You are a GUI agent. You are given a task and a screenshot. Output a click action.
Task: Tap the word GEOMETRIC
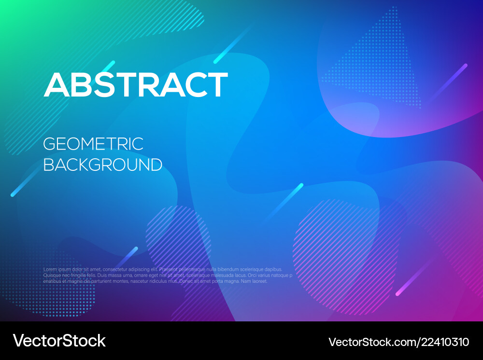pos(93,144)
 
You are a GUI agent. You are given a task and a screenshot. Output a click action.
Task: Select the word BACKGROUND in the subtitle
pos(103,165)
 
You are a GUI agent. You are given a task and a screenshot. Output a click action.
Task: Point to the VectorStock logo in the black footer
pos(59,341)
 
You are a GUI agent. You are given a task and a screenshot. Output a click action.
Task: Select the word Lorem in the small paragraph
pos(50,269)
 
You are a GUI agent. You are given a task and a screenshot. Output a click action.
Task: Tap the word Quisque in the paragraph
pos(52,275)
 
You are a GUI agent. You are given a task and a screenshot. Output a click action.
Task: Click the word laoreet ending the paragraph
pos(259,281)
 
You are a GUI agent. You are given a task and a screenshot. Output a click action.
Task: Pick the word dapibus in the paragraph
pos(271,269)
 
